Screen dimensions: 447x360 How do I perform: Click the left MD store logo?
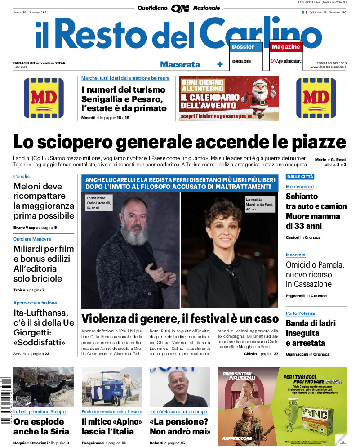(44, 98)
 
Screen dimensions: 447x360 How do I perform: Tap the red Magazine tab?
(286, 47)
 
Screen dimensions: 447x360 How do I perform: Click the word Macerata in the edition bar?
(180, 64)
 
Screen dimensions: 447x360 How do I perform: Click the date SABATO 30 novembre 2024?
(39, 63)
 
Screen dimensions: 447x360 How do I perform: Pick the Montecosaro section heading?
(299, 186)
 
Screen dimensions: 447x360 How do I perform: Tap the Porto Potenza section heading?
(300, 313)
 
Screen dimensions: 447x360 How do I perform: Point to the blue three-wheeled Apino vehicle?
(102, 387)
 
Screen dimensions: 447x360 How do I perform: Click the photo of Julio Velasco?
(180, 387)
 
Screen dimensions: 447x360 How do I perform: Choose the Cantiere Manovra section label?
(32, 239)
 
